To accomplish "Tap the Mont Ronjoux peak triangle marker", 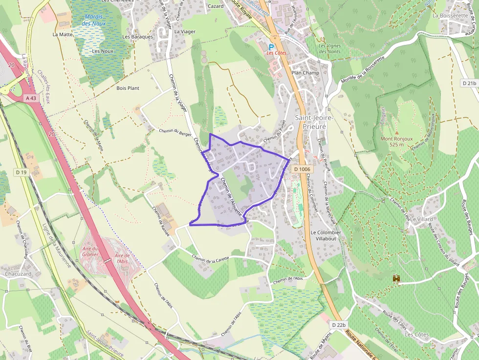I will click(x=397, y=132).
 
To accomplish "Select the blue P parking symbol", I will click(x=271, y=47).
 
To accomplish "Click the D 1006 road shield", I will click(x=303, y=169).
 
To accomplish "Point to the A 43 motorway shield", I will click(x=30, y=98).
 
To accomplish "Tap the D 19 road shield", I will click(x=21, y=172).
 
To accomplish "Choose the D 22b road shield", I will click(x=338, y=325).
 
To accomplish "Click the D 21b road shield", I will click(x=469, y=83).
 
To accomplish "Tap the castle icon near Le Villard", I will click(x=396, y=278).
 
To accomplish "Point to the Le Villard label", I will click(x=421, y=219).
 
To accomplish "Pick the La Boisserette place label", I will click(x=451, y=16).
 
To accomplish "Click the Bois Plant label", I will click(x=128, y=88).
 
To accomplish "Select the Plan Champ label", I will click(x=305, y=73).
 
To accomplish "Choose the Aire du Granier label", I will click(x=90, y=251).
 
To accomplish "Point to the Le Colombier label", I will click(x=326, y=233).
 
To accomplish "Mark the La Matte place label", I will click(x=62, y=35).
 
